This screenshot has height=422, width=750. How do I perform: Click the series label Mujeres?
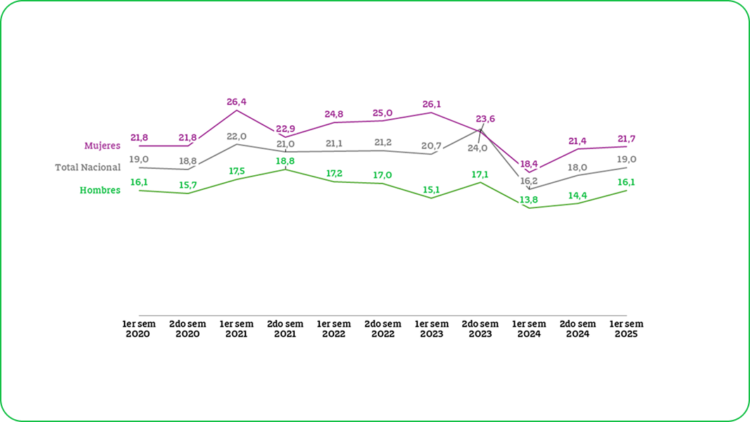(x=102, y=146)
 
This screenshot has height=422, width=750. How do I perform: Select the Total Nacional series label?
(x=88, y=167)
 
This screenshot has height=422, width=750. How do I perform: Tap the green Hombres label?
(x=100, y=190)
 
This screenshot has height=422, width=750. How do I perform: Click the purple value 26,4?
(x=236, y=102)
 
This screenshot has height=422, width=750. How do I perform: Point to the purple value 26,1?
(x=431, y=104)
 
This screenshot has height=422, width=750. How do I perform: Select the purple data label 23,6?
(x=485, y=119)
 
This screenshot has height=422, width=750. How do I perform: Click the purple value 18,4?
(x=529, y=164)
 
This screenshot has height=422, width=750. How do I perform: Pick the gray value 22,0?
(x=236, y=136)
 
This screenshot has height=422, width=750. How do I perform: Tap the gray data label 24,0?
(x=478, y=148)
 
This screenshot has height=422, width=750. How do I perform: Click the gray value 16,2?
(x=529, y=181)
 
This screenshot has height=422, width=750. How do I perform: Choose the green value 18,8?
(x=285, y=161)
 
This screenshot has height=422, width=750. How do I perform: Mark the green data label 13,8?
(x=529, y=200)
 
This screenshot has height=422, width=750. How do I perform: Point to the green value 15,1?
(x=431, y=189)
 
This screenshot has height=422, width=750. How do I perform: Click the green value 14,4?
(x=578, y=195)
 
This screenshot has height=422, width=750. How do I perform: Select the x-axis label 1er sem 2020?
(x=139, y=329)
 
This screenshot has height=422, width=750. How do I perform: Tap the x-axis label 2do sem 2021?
(x=285, y=329)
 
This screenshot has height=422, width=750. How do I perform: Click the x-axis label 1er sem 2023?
(x=431, y=329)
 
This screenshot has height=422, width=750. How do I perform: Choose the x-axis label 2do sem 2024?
(x=578, y=329)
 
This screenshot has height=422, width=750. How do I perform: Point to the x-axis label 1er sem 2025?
(x=626, y=329)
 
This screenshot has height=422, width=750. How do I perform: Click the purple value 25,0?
(x=383, y=113)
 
